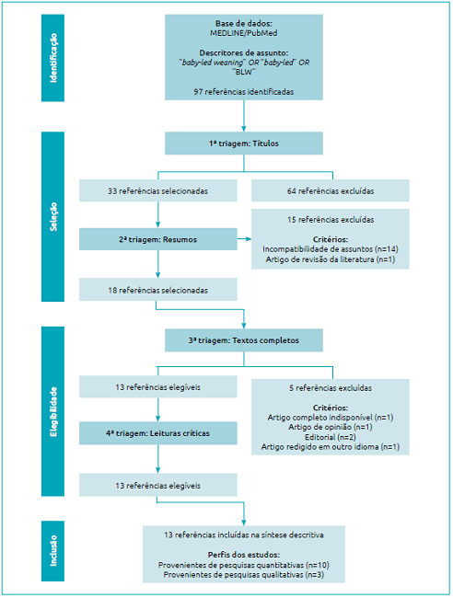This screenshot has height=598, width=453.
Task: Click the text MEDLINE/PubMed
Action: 244,31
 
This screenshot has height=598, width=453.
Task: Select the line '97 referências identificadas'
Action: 244,92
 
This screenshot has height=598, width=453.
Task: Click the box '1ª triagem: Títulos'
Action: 244,144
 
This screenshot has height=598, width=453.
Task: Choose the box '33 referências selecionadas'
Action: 157,191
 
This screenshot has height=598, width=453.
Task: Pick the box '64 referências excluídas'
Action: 331,191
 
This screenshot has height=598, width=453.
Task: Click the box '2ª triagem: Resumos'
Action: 157,239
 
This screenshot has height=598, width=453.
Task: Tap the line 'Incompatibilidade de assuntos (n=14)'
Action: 331,249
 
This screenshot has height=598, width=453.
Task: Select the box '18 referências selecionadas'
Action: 157,290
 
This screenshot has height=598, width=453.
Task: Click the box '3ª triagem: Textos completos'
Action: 244,339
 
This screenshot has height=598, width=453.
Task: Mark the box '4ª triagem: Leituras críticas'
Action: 157,432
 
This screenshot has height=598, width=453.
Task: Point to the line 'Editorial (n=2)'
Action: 331,437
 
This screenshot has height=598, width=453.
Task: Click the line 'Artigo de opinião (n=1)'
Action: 331,427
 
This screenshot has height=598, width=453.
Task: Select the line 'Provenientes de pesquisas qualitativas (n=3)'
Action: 244,575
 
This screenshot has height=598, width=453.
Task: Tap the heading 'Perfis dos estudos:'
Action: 244,555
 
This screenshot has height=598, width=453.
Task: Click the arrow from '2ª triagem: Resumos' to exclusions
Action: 243,239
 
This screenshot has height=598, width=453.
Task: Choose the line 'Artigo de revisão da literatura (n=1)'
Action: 331,259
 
